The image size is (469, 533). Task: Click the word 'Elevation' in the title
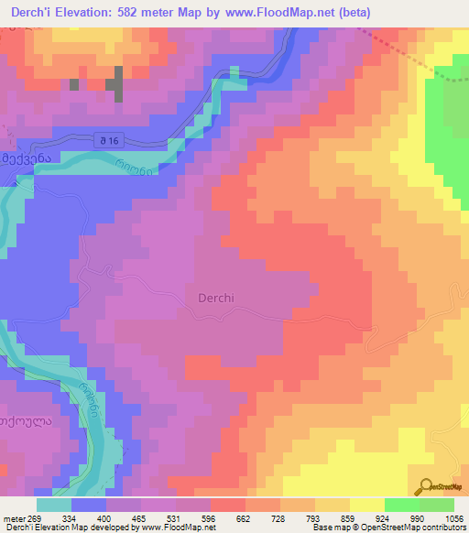tap(98, 12)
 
